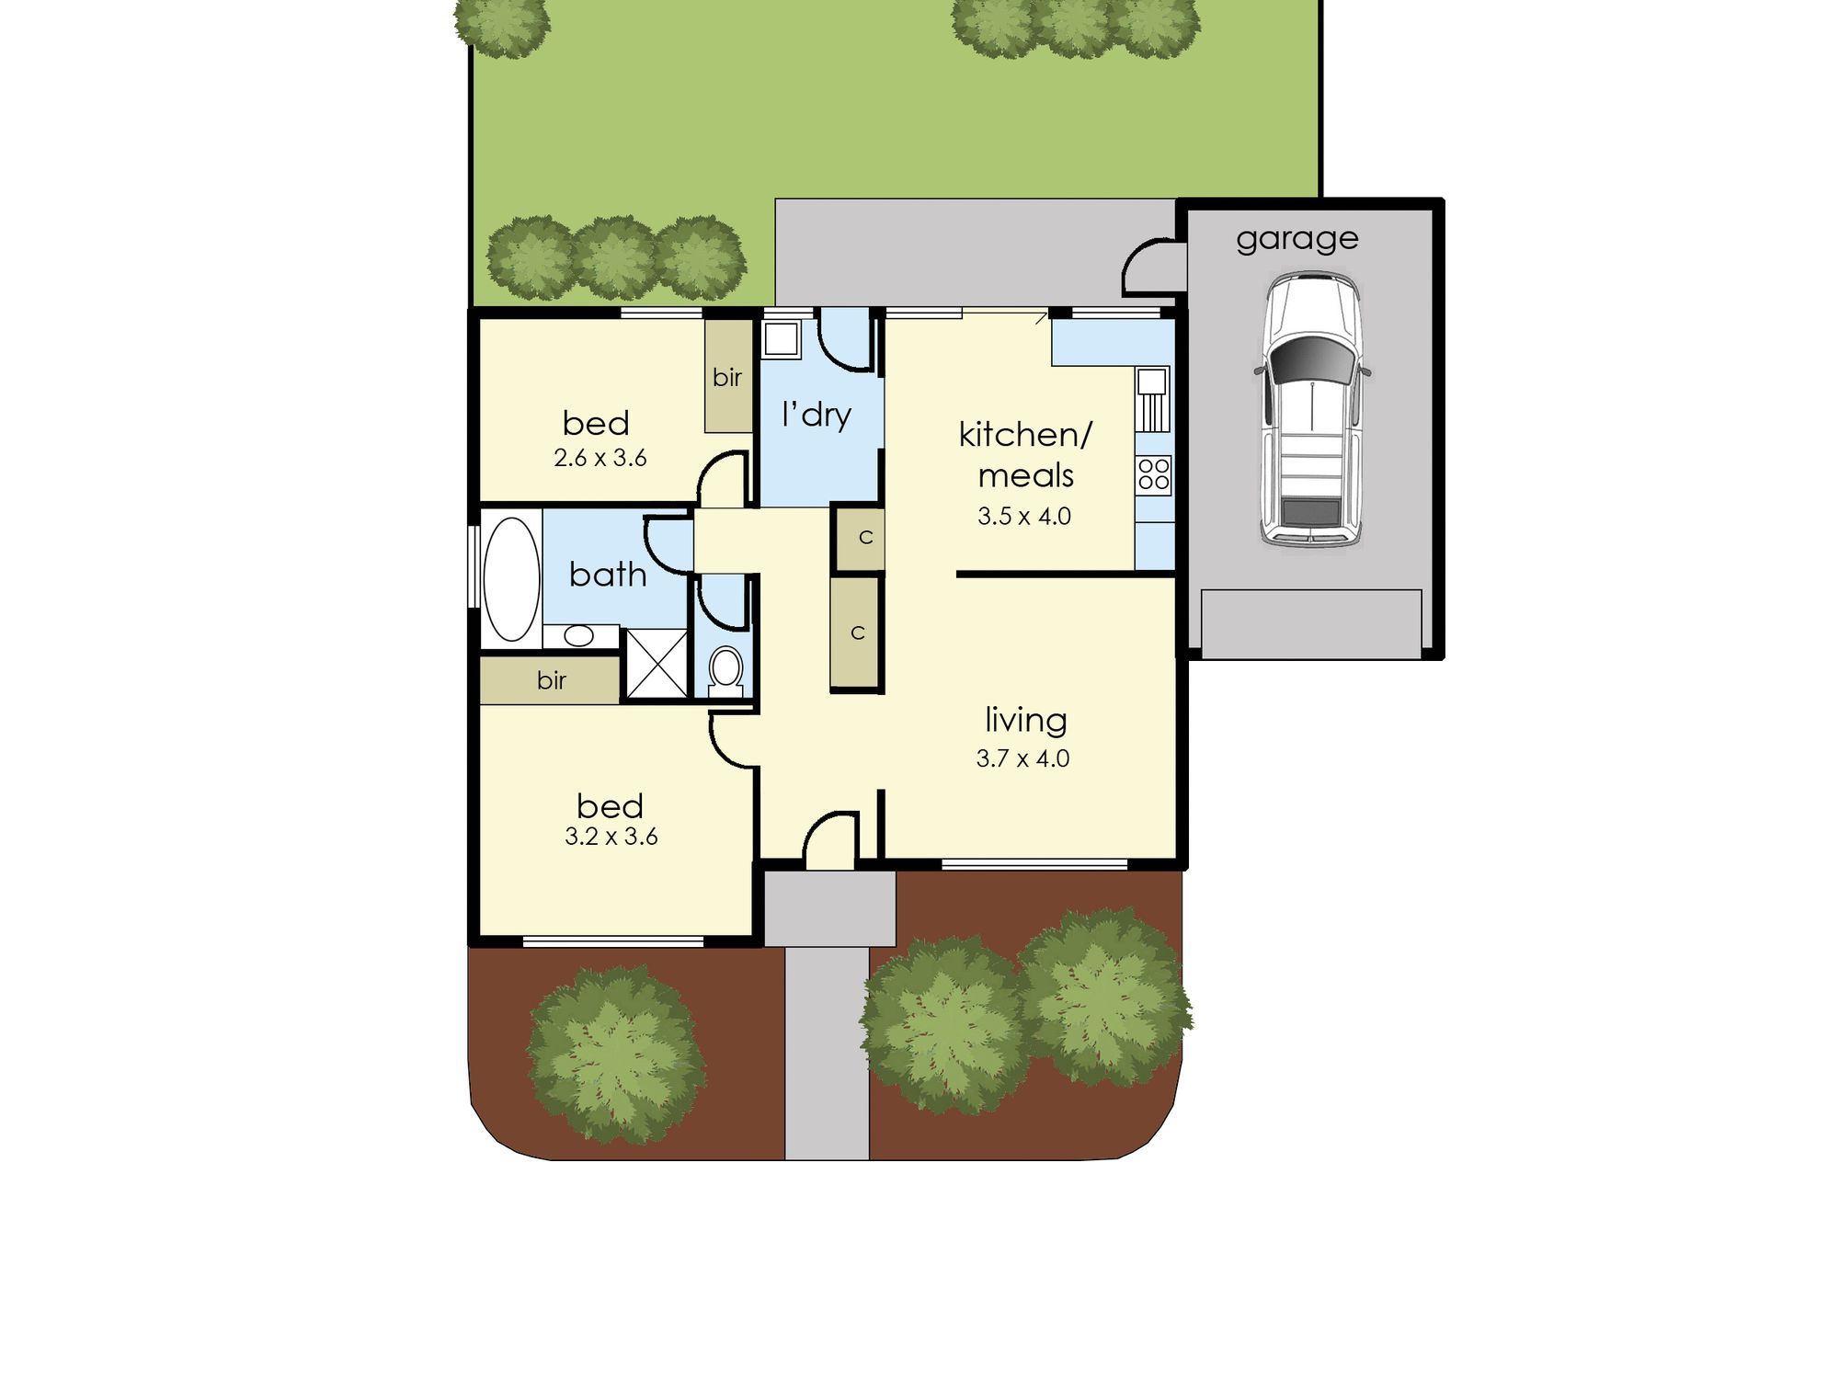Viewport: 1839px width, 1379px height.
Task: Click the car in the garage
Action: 1311,409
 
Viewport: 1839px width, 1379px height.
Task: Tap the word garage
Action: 1296,240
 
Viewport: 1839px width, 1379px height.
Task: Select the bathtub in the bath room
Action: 511,578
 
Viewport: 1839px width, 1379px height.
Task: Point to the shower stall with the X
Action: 657,663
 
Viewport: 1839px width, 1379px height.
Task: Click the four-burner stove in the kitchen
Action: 1154,474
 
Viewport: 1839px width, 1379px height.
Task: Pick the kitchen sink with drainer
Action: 1153,400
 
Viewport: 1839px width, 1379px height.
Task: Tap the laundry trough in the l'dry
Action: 781,338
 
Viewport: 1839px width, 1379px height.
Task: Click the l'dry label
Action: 817,415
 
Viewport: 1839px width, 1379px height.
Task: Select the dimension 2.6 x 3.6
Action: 600,458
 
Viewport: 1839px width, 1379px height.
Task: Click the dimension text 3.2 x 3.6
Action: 611,837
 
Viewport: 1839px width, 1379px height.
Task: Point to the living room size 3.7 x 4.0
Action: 1022,758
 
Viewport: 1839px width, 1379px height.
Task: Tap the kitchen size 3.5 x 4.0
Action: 1024,516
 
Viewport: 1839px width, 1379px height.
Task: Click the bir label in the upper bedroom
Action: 726,377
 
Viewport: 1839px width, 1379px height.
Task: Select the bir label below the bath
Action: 551,680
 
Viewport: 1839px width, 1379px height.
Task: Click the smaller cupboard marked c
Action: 861,536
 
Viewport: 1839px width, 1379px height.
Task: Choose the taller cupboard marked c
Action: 855,633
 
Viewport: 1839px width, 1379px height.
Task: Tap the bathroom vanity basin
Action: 578,635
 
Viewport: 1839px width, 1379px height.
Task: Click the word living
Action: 1025,721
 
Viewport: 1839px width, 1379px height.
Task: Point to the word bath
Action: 608,575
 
